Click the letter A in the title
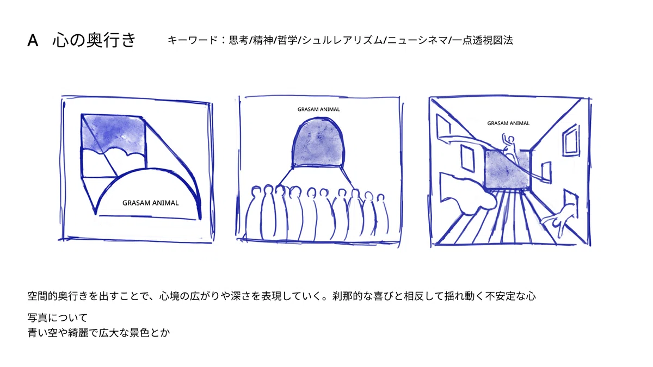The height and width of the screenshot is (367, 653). [x=33, y=40]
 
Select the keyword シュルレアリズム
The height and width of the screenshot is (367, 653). [x=342, y=40]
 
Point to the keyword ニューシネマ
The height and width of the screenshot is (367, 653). [x=417, y=40]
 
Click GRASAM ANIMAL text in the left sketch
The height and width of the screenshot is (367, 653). [x=150, y=203]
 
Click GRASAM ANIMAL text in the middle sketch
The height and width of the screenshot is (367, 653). [x=319, y=109]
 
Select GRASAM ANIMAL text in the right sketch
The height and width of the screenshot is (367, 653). [x=508, y=123]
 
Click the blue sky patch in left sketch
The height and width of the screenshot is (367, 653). [x=114, y=133]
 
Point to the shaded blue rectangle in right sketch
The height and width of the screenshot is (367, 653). [x=507, y=170]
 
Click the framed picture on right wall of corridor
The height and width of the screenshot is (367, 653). [x=570, y=140]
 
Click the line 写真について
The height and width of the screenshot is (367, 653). [x=58, y=318]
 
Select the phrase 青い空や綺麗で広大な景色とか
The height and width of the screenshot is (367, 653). [x=98, y=333]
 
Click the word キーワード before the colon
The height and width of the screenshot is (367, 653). [x=192, y=40]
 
